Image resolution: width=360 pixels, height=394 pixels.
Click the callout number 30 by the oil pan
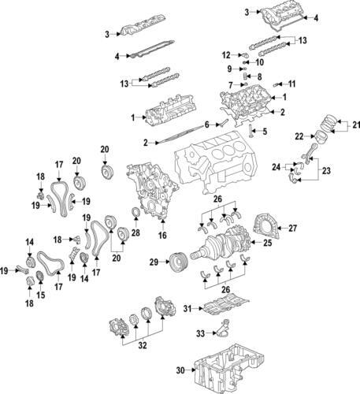[180, 370]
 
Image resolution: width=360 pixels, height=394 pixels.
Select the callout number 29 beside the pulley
[154, 261]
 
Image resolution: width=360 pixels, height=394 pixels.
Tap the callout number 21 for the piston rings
[354, 124]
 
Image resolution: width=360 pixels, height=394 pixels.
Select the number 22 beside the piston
[299, 136]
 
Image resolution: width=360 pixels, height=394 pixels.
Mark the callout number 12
[225, 54]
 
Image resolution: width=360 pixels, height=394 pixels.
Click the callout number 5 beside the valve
[265, 130]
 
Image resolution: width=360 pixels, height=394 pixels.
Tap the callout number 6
[207, 125]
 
